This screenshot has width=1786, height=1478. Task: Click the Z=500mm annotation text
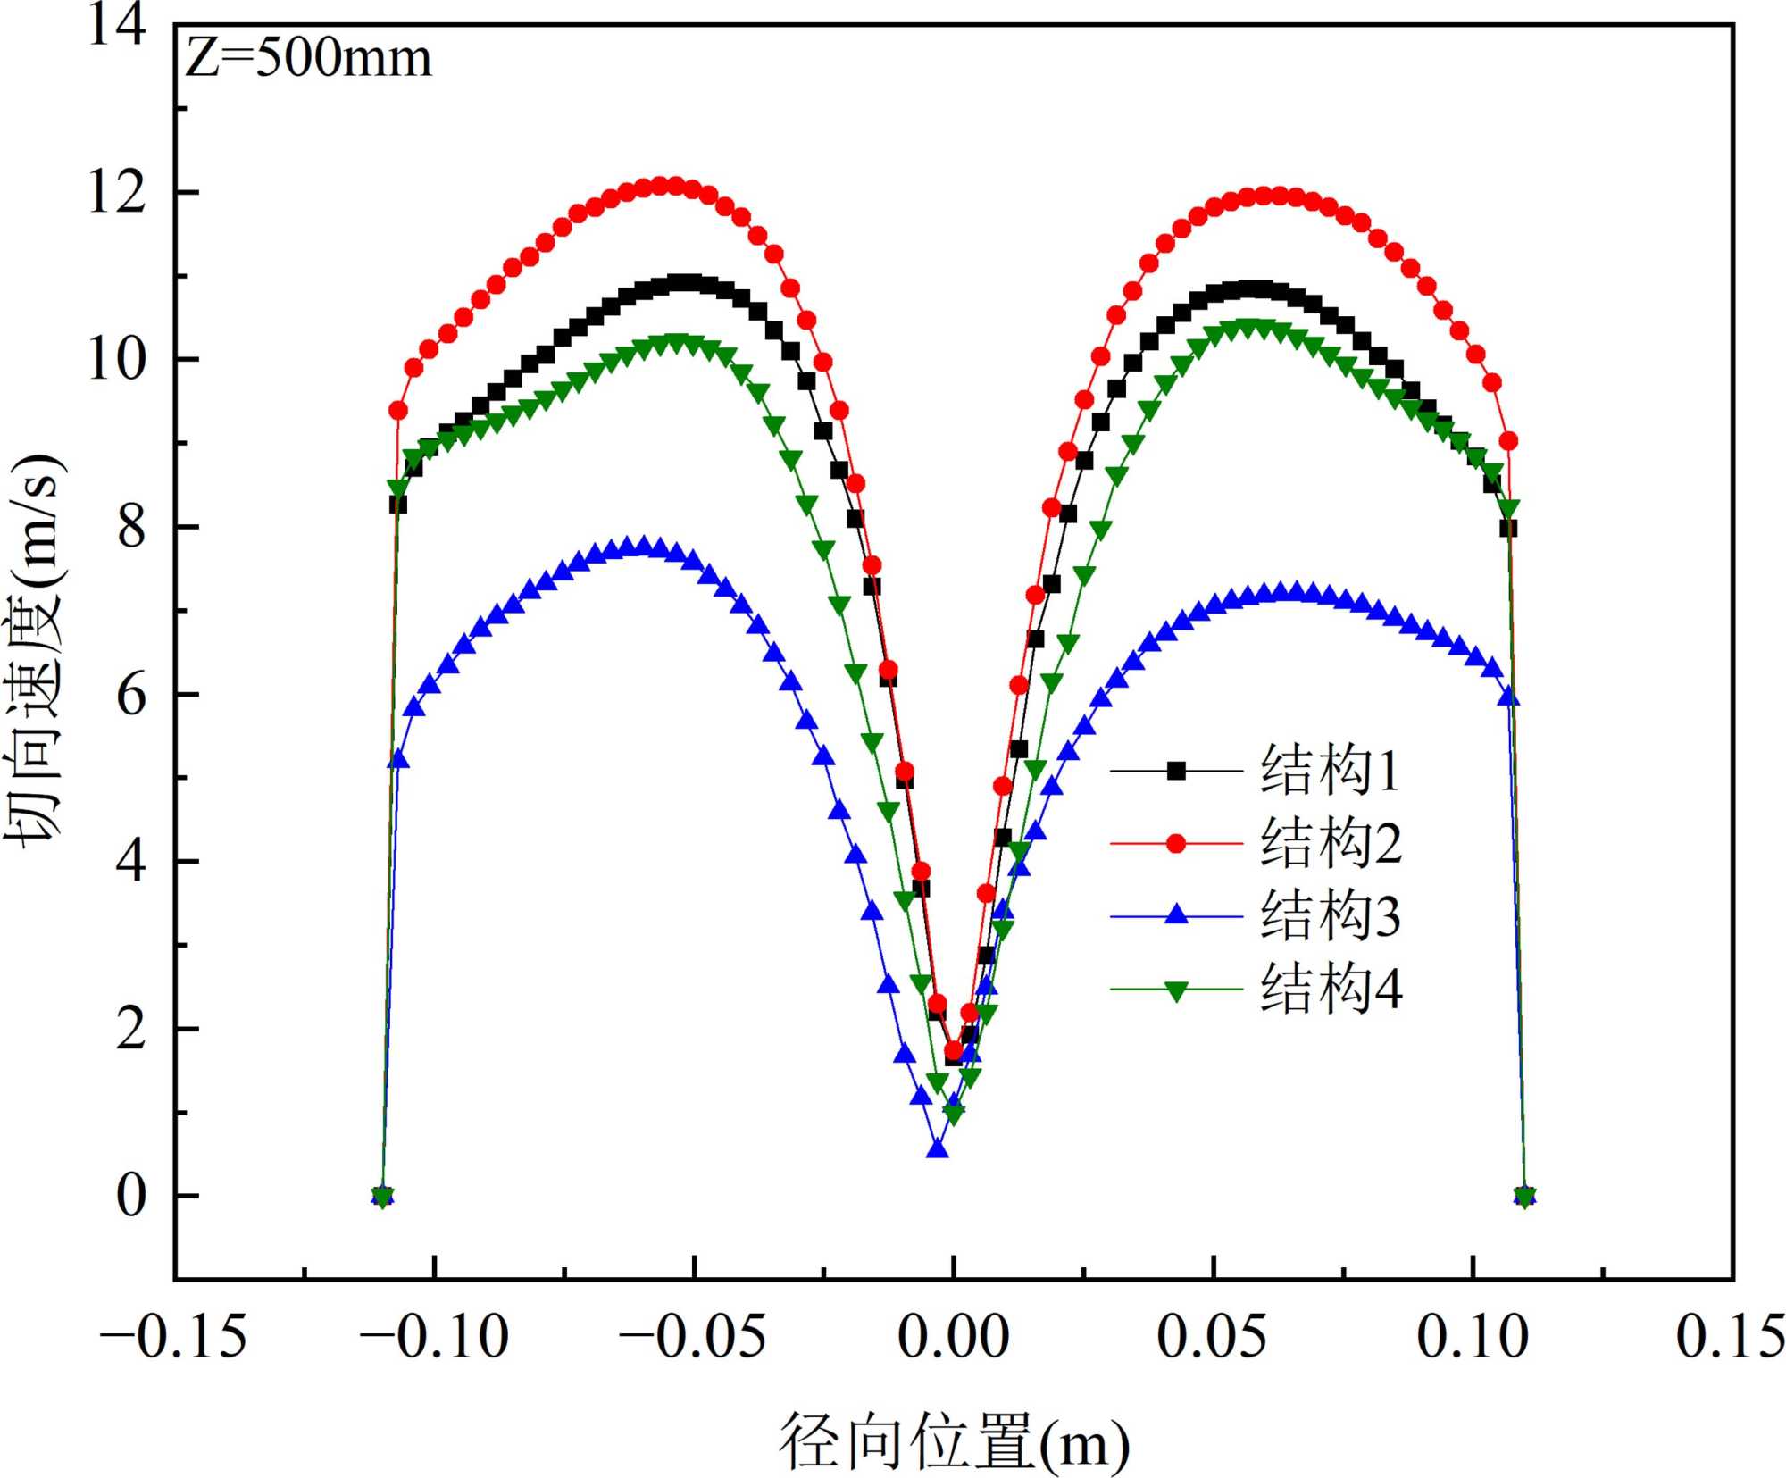308,60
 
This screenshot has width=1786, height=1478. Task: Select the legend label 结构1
1330,770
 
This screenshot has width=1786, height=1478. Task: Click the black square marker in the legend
1176,771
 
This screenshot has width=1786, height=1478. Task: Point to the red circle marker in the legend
1176,843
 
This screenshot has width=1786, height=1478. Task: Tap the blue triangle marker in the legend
1176,914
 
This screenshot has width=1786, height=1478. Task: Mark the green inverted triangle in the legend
1176,990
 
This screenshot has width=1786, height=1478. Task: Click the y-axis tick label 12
117,193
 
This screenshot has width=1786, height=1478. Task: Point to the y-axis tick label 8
131,528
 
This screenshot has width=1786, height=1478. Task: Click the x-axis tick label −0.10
434,1337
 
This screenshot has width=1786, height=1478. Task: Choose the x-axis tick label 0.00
953,1337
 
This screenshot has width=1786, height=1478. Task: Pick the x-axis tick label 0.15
1730,1337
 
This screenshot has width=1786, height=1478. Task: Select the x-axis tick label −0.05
694,1337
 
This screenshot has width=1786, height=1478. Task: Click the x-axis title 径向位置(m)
954,1441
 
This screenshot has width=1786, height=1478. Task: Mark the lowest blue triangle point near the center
937,1148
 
